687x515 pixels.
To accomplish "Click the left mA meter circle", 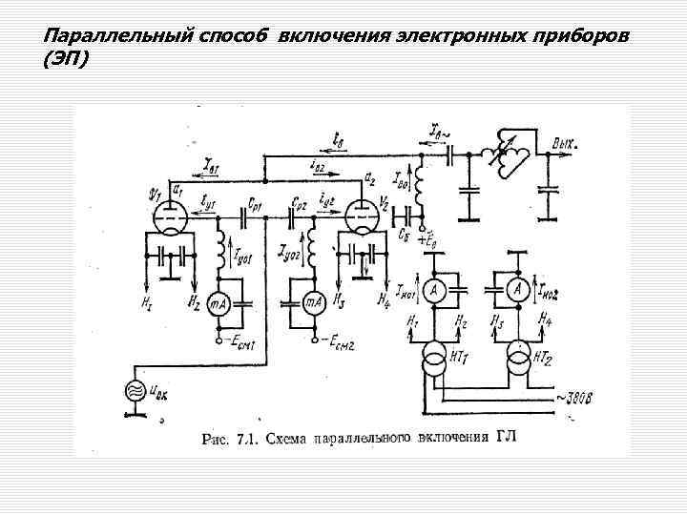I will [x=219, y=302].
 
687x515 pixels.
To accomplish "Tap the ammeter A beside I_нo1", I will [x=433, y=290].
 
